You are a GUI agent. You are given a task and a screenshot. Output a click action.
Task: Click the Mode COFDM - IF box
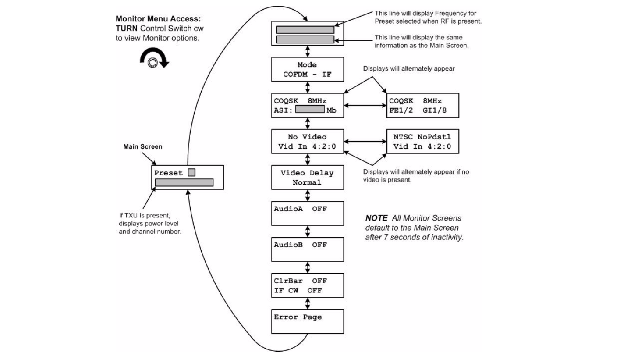pos(307,69)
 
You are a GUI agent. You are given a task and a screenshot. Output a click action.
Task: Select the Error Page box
pos(307,322)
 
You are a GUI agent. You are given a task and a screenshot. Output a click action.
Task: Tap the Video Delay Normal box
pos(307,178)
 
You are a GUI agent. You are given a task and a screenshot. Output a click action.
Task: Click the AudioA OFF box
pos(307,214)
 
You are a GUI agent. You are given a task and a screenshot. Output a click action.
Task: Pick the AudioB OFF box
pos(307,250)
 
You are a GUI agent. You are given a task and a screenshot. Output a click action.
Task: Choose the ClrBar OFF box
pos(307,285)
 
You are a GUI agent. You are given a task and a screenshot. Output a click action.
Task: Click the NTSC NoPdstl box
pos(422,142)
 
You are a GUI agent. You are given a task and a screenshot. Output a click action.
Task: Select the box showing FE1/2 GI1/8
pos(422,105)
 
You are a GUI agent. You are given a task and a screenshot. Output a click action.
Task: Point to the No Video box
pos(307,142)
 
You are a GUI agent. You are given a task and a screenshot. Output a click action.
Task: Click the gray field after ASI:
pos(310,109)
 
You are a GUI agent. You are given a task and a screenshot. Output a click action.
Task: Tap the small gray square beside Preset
pos(191,172)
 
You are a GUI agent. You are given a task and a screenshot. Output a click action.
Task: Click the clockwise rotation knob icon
pos(154,58)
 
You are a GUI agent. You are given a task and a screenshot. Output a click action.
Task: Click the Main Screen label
pos(143,146)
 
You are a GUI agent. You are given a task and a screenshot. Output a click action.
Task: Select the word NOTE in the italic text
pos(376,218)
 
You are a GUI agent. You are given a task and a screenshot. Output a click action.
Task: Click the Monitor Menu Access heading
pos(158,19)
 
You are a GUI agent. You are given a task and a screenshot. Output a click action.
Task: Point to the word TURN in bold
pos(127,29)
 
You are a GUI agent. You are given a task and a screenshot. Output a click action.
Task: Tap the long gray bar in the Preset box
pos(184,182)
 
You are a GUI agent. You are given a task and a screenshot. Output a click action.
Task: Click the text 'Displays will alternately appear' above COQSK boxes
pos(409,69)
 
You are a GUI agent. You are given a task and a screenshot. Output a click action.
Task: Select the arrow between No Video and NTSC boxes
pos(365,142)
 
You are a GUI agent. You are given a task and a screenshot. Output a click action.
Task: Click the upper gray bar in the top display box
pos(305,30)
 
